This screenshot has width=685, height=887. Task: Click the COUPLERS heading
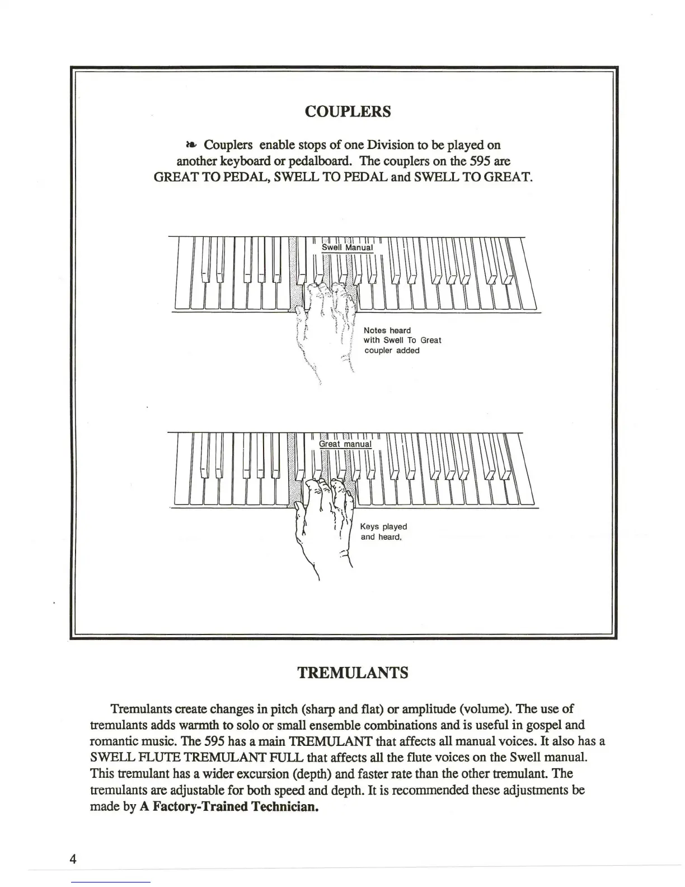coord(348,111)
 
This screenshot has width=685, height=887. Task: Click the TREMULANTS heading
coord(352,673)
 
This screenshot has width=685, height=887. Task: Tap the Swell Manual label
coord(347,248)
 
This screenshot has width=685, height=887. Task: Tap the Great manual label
coord(345,444)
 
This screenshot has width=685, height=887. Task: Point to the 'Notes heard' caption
coord(387,330)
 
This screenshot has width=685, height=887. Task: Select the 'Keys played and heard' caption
coord(383,531)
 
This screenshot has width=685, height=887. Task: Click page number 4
coord(73,859)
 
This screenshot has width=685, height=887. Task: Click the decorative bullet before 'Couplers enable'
coord(190,145)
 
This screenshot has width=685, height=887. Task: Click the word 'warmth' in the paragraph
coord(200,725)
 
